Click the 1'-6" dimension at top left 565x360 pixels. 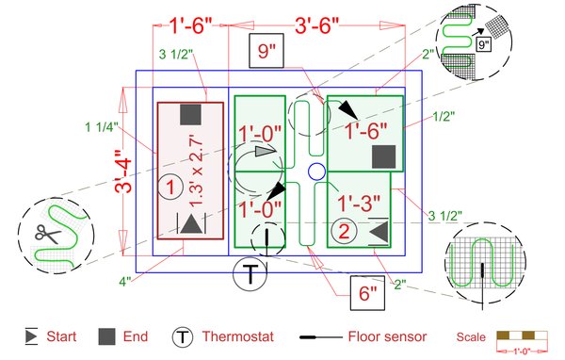coord(190,25)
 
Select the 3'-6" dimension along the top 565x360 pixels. coord(317,25)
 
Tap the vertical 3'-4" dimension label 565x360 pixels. coord(123,172)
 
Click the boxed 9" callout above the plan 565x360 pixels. coord(266,51)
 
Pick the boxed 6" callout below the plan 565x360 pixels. coord(367,293)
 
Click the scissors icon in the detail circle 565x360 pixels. coord(48,234)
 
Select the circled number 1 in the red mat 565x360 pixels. coord(170,187)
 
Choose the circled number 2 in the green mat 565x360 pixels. coord(344,231)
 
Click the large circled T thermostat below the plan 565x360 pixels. coord(250,273)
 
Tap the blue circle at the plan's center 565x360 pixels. coord(316,172)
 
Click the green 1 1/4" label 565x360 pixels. coord(102,127)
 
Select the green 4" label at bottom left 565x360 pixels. coord(125,282)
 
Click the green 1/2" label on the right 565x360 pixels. coord(444,116)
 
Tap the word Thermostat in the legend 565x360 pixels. coord(238,336)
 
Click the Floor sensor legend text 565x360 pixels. coord(387,336)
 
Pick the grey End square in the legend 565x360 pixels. coord(107,336)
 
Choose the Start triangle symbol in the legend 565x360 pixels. coord(31,336)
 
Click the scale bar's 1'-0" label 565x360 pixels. coord(522,351)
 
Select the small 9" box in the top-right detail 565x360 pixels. coord(483,44)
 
